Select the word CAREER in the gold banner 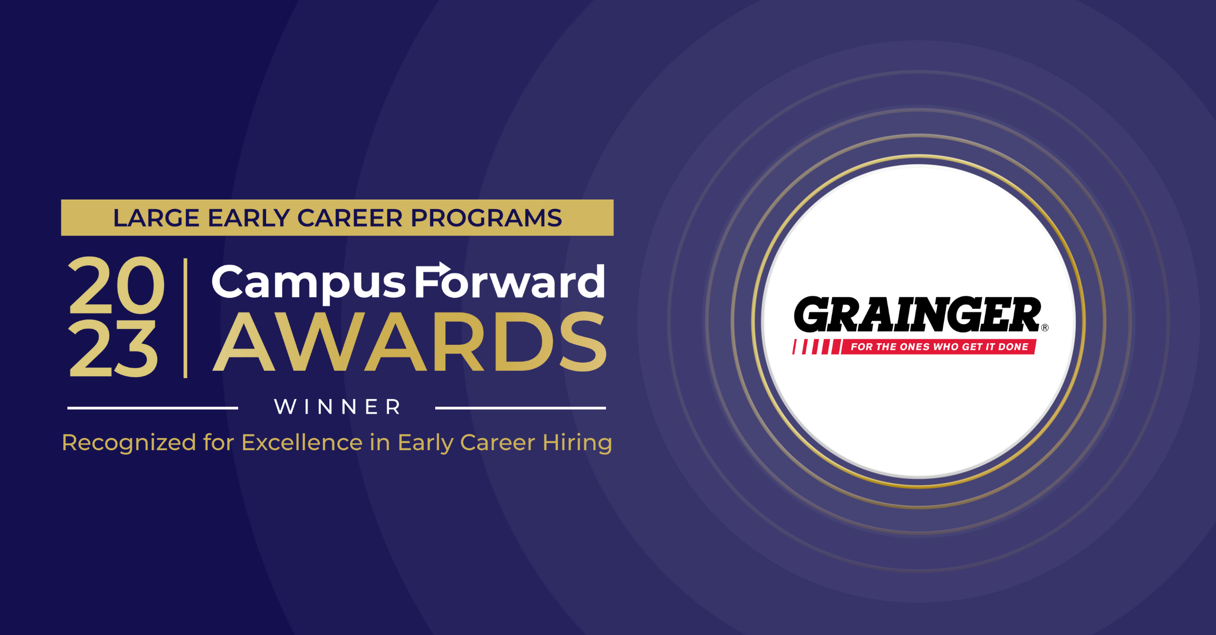point(350,218)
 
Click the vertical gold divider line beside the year point(186,318)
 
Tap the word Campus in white point(308,283)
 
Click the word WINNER point(337,407)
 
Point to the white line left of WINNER point(152,408)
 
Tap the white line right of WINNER point(520,408)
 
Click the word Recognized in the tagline point(129,443)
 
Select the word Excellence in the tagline point(302,443)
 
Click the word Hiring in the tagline point(577,443)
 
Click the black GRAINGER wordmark point(917,314)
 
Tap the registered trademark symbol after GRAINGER point(1045,328)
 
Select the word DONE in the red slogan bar point(1013,347)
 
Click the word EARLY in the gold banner point(248,218)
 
